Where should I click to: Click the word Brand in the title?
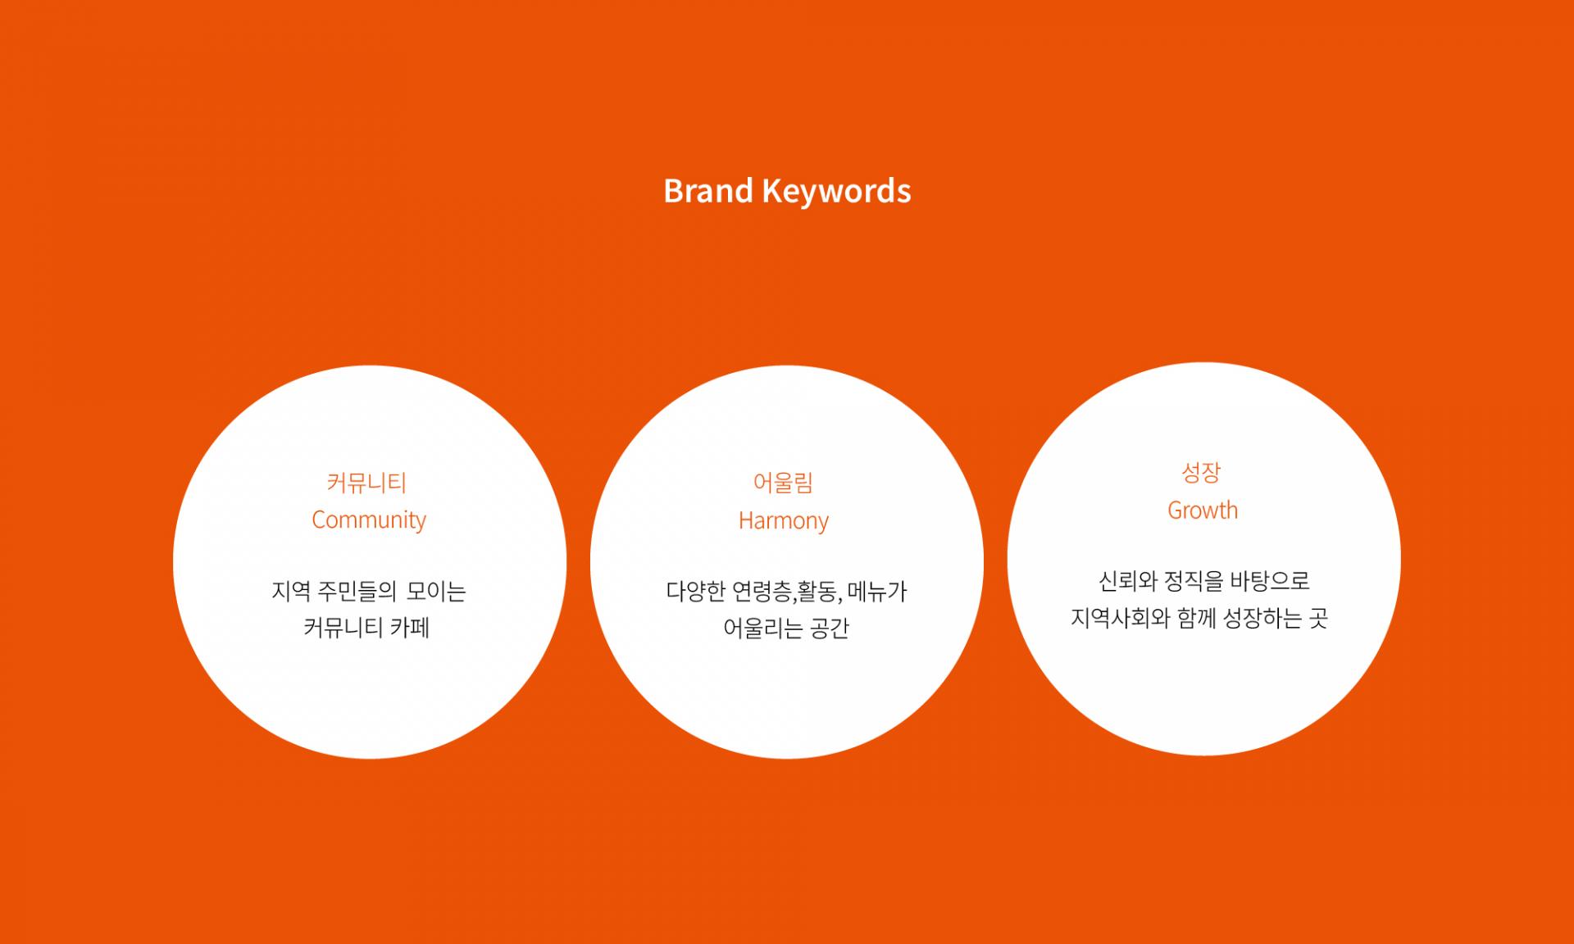[x=707, y=191]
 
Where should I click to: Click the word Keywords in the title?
[x=836, y=192]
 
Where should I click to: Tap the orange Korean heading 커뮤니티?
[x=366, y=483]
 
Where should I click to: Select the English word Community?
[x=369, y=520]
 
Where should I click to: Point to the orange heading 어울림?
[x=783, y=483]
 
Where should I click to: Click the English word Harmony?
[x=784, y=521]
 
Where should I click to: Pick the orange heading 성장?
[x=1201, y=472]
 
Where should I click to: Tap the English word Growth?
[x=1203, y=511]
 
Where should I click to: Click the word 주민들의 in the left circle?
[x=357, y=591]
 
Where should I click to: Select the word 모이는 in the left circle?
[x=436, y=591]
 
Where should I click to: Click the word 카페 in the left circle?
[x=409, y=628]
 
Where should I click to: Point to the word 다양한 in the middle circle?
[x=696, y=591]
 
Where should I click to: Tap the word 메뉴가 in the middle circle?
[x=877, y=591]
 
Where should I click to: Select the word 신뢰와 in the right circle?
[x=1127, y=581]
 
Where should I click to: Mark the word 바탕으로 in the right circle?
[x=1270, y=581]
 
